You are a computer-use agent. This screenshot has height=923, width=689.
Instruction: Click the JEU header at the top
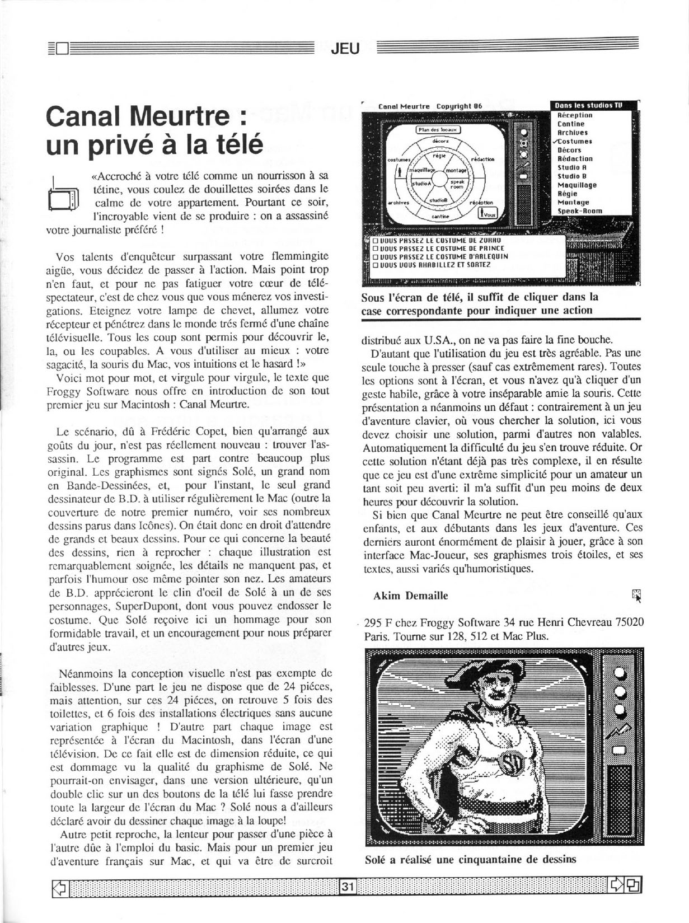[345, 49]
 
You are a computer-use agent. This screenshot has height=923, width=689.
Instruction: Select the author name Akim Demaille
[410, 596]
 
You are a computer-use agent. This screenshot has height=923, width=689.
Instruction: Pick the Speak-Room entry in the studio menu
[579, 211]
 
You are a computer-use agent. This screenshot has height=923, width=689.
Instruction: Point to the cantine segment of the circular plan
[440, 216]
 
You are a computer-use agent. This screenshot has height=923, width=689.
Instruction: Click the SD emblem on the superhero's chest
[511, 760]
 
